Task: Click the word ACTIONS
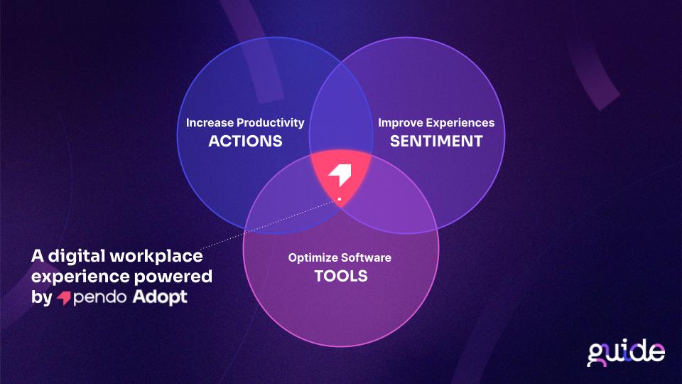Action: (245, 141)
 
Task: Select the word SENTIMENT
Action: (436, 141)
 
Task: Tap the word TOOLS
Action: (341, 276)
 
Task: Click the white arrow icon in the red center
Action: (341, 175)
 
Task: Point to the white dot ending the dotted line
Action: (340, 199)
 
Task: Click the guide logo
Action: (626, 353)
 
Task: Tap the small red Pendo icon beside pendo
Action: (64, 298)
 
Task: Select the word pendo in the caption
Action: (99, 298)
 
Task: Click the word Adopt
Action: (160, 297)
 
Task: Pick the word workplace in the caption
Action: (156, 256)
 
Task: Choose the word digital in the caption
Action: (77, 256)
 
